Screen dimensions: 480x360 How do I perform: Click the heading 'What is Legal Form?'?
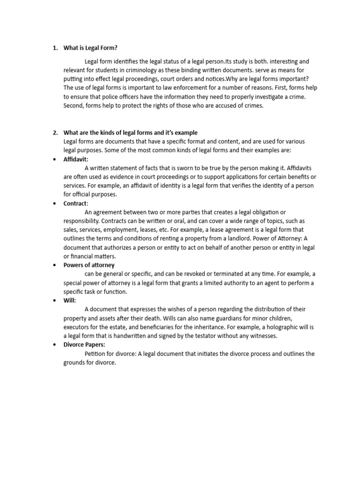pos(90,48)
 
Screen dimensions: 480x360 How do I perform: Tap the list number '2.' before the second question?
pos(55,133)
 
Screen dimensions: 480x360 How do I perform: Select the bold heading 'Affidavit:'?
pos(76,159)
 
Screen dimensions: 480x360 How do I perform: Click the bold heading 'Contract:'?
pos(76,203)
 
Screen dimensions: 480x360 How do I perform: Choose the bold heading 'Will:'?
pos(70,300)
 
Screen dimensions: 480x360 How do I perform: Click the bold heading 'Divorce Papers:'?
pos(84,345)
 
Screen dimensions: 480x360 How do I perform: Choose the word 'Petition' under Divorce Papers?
pos(96,353)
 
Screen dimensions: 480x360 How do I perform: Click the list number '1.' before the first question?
pos(55,48)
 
